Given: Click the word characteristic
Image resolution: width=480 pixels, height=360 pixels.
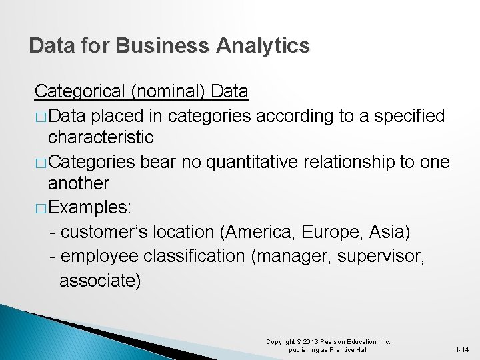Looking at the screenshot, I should coord(101,138).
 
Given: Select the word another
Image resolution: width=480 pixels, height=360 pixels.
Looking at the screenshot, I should coord(79,183).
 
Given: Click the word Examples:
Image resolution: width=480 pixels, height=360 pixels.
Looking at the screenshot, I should coord(90,207).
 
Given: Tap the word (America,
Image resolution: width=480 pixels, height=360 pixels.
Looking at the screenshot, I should coord(260,232).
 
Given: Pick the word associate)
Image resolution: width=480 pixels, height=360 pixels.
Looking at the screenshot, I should coord(100,281).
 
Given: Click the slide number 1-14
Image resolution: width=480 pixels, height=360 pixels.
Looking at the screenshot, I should coord(462,350).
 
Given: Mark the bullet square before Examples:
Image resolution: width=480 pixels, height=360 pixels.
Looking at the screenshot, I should coord(41,208).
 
